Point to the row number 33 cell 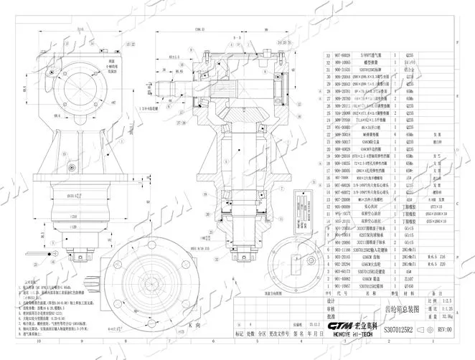pos(328,55)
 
